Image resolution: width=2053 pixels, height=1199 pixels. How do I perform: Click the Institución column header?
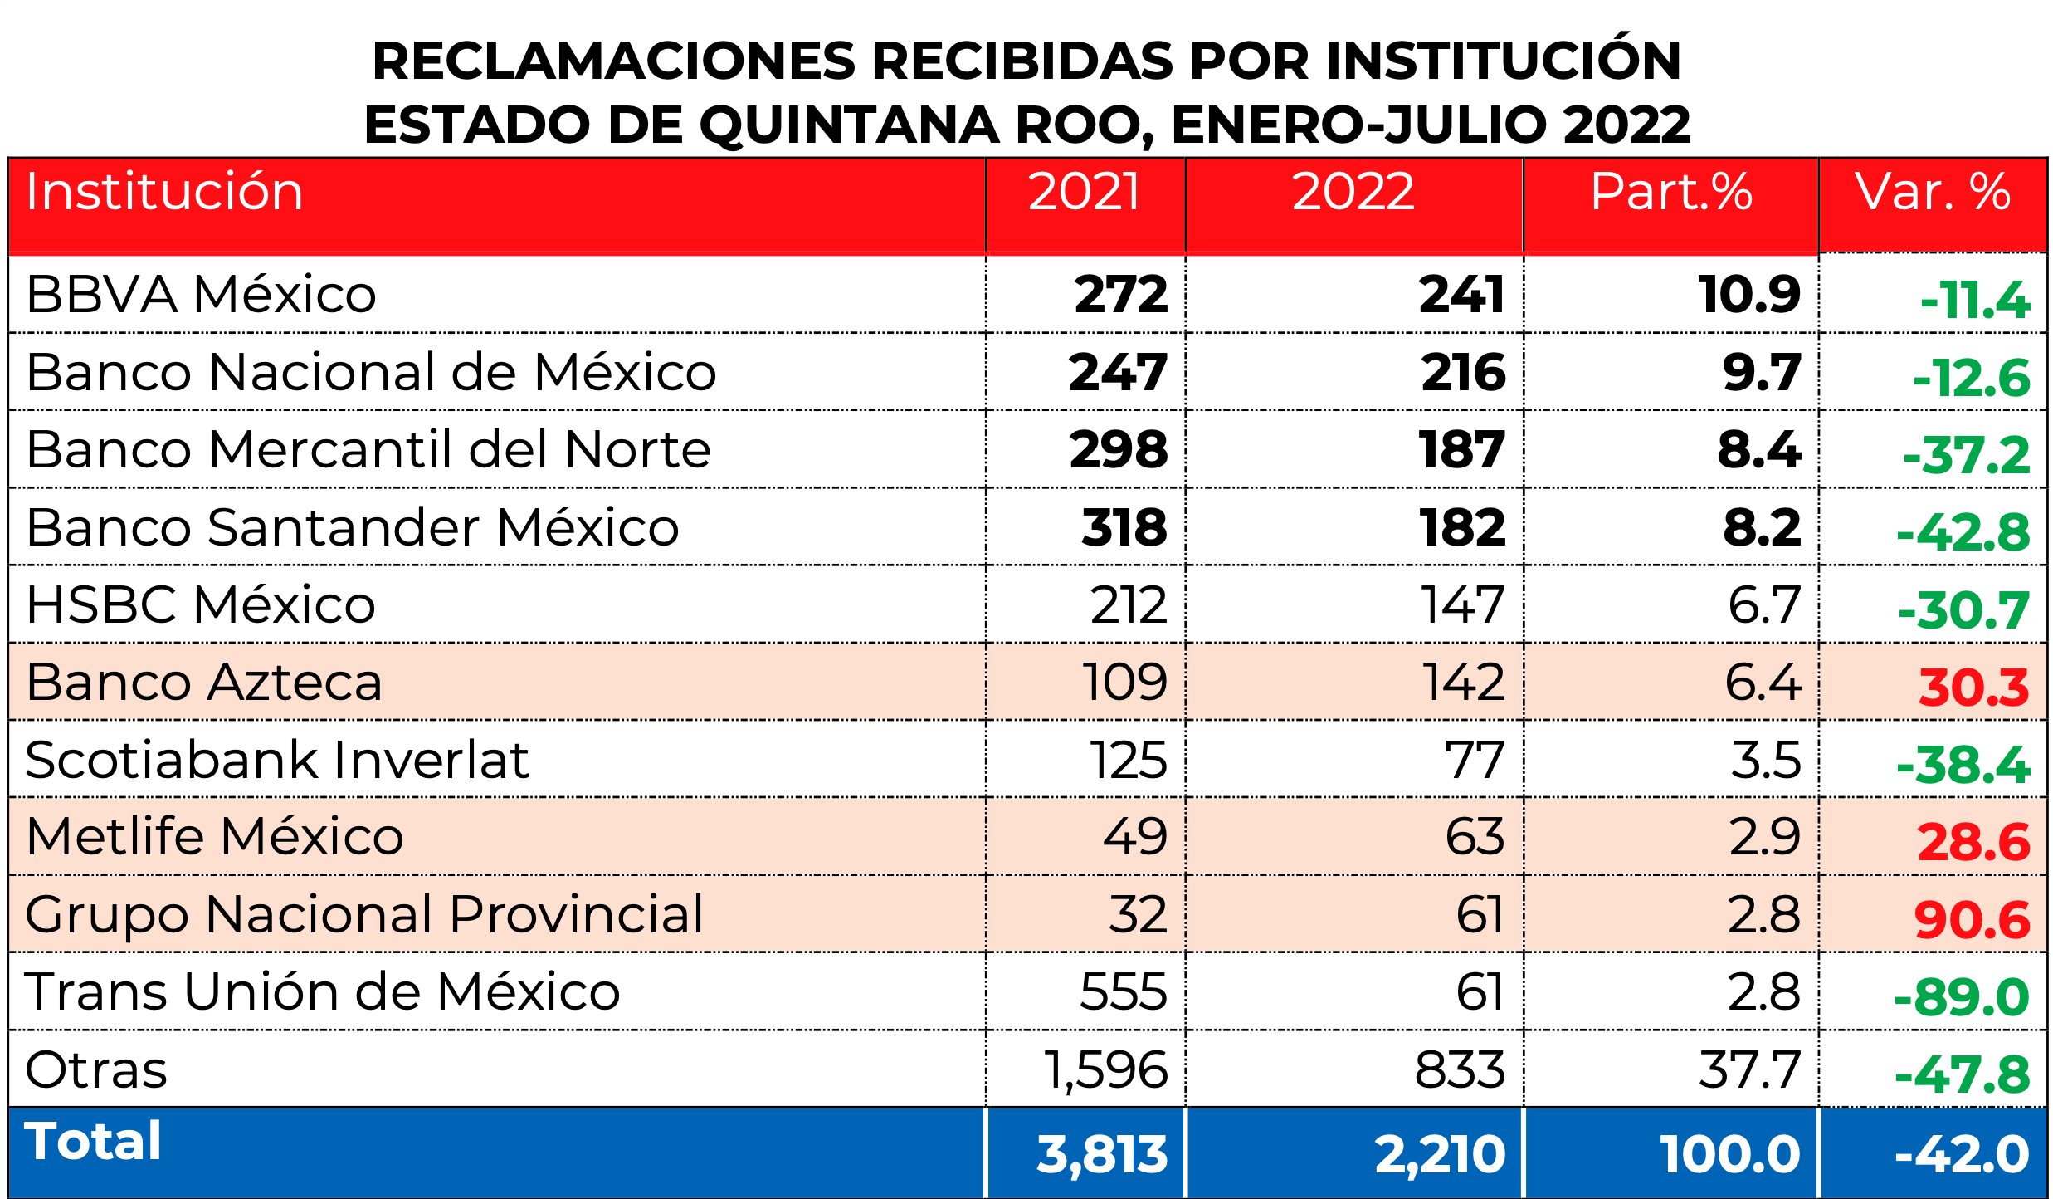click(164, 192)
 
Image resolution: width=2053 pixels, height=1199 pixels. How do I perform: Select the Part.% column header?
click(1670, 192)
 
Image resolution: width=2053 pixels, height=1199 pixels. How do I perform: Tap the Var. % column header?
click(1933, 192)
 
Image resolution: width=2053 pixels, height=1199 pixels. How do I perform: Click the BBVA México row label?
click(201, 294)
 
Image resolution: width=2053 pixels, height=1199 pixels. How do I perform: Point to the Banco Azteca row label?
click(203, 682)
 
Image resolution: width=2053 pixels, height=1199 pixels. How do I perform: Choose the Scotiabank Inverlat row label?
click(277, 759)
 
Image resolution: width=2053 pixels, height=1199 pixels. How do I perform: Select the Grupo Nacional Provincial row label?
click(364, 914)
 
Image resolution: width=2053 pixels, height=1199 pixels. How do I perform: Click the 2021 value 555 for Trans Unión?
click(1123, 991)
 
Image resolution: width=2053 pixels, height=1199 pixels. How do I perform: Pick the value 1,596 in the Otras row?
click(1105, 1069)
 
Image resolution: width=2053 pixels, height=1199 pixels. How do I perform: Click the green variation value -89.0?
click(1962, 997)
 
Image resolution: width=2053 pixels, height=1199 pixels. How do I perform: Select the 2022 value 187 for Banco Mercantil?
click(1462, 449)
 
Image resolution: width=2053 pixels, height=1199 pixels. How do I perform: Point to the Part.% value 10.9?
click(1749, 294)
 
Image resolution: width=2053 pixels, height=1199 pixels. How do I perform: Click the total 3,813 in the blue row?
click(1102, 1154)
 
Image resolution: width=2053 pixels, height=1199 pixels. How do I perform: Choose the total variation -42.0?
click(1962, 1154)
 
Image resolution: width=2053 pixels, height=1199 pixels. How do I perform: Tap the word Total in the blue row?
click(93, 1141)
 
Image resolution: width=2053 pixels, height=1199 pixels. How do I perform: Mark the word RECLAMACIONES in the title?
click(613, 61)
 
